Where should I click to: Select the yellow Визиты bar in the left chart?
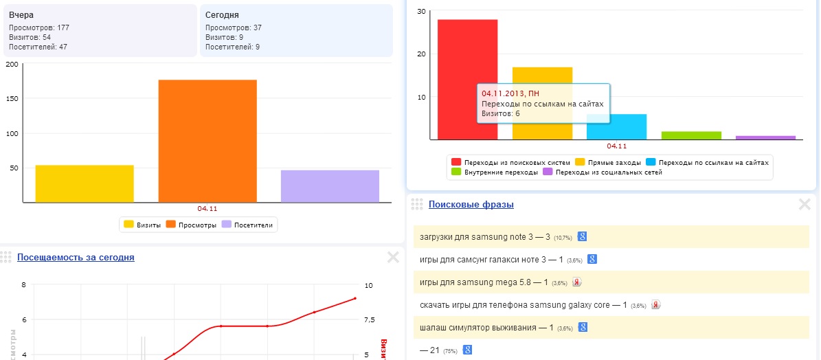click(85, 183)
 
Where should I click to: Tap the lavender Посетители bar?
click(320, 185)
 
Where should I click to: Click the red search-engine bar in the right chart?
click(467, 79)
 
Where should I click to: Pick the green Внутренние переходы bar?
click(691, 135)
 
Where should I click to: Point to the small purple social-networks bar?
click(765, 137)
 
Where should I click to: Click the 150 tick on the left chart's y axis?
click(12, 98)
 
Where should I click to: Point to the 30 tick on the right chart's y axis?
click(421, 11)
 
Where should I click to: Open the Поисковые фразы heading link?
click(471, 204)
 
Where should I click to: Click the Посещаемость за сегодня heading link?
click(76, 258)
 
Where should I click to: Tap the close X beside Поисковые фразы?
click(805, 204)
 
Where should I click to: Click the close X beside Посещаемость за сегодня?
click(393, 258)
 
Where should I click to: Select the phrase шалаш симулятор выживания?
click(477, 328)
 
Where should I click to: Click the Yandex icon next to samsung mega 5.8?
click(577, 282)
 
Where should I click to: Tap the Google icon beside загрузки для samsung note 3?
click(582, 236)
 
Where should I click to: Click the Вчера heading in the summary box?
click(21, 14)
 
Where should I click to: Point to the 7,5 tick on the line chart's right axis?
click(369, 319)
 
